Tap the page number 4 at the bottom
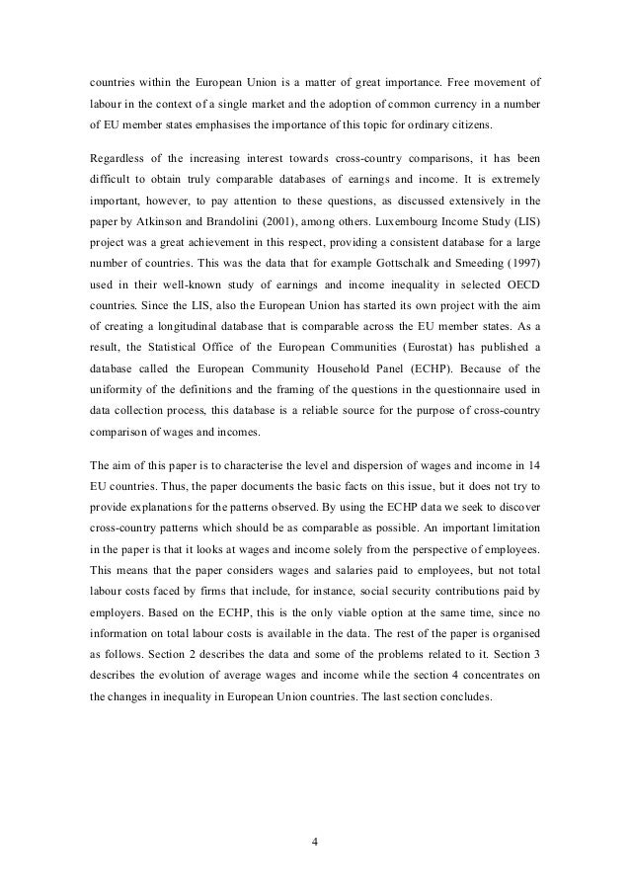[315, 844]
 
